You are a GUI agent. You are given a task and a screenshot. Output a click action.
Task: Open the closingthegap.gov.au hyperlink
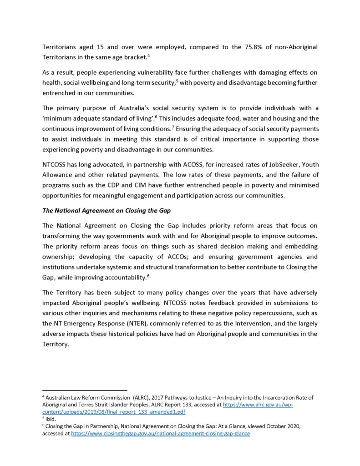(160, 434)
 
